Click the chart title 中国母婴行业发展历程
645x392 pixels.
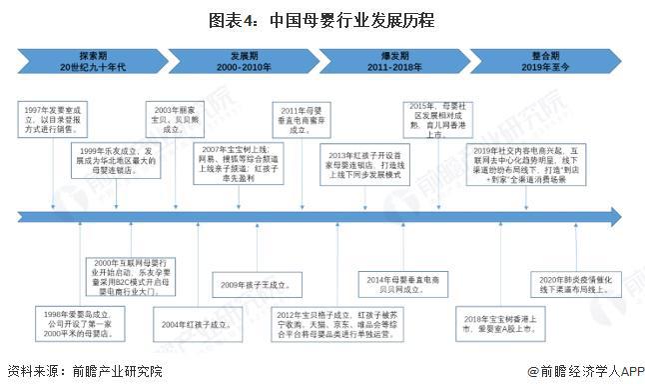[x=322, y=19]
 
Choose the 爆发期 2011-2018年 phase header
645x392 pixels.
[x=399, y=58]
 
